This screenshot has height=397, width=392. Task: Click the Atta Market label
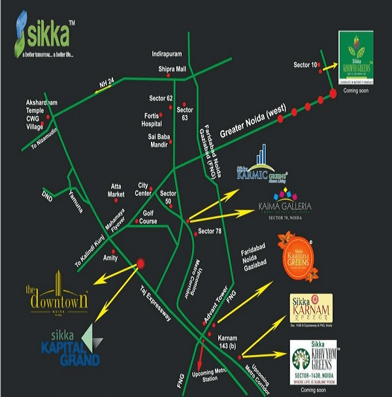point(116,190)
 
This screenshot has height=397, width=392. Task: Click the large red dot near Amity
point(139,265)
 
